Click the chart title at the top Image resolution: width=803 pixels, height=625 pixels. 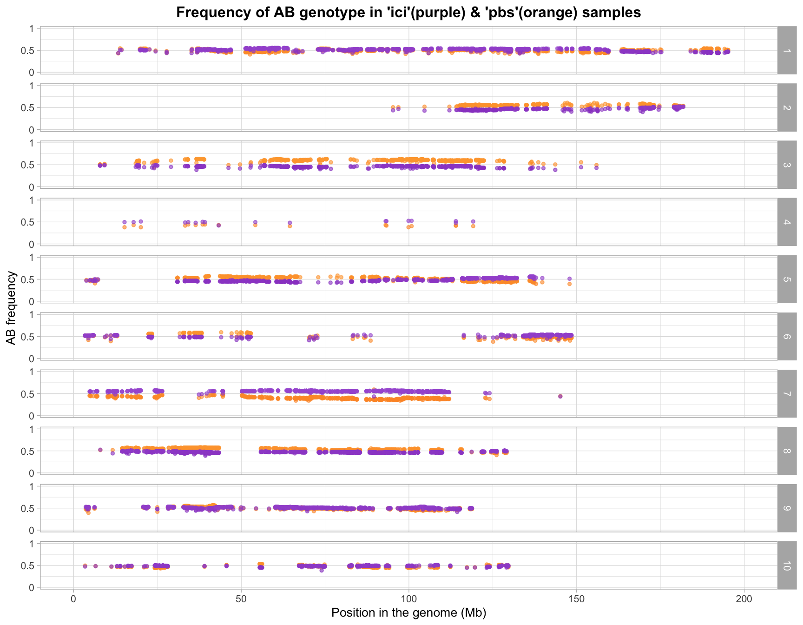(408, 13)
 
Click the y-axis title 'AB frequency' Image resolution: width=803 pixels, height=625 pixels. (11, 308)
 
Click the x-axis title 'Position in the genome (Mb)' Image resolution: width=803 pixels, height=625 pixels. (409, 613)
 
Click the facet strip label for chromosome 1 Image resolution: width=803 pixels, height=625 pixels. (787, 50)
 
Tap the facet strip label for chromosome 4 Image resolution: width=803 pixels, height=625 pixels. (787, 222)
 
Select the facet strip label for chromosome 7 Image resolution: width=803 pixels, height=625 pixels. (787, 394)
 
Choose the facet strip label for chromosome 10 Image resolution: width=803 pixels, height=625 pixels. (787, 566)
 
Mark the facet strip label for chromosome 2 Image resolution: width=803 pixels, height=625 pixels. (787, 107)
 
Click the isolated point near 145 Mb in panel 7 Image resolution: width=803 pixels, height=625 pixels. (560, 396)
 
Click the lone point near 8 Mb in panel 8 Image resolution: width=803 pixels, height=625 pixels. (100, 450)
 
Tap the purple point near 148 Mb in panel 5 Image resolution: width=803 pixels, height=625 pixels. (569, 279)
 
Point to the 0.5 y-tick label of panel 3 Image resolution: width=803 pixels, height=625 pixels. (28, 165)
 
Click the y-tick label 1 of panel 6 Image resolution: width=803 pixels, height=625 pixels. (32, 315)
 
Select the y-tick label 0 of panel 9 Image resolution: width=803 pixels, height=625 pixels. (32, 530)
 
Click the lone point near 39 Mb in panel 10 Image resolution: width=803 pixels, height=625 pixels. (204, 566)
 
